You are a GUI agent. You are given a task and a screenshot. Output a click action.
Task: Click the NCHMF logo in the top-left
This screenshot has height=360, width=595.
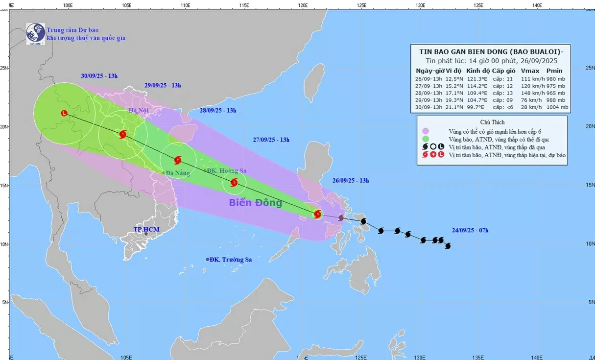36,34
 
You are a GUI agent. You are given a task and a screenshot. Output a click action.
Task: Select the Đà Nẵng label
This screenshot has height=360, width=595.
176,173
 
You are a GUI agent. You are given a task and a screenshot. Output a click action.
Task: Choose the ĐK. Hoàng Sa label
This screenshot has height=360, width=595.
226,171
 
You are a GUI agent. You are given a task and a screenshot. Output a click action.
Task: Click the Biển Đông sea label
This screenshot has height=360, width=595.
255,203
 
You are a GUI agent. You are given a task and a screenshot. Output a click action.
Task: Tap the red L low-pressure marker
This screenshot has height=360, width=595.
64,113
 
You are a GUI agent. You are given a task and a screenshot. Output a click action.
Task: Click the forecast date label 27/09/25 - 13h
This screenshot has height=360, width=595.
271,140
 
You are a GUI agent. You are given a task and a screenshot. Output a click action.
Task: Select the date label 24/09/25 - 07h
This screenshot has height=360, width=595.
470,230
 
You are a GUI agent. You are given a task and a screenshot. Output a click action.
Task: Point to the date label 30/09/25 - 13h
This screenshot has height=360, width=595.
99,76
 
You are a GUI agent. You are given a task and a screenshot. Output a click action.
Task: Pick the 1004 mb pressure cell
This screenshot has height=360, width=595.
557,107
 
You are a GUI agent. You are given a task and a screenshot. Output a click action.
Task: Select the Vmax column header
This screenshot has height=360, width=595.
530,71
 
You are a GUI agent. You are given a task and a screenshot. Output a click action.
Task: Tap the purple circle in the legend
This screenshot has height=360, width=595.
426,131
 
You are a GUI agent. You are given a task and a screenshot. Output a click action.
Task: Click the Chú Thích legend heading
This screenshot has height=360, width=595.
492,122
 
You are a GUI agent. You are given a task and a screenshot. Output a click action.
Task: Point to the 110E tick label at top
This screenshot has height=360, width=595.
185,5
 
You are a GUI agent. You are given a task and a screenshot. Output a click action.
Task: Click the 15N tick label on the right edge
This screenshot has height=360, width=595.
591,185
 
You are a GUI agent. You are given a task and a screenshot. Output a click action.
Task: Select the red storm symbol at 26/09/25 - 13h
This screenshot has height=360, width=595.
317,214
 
